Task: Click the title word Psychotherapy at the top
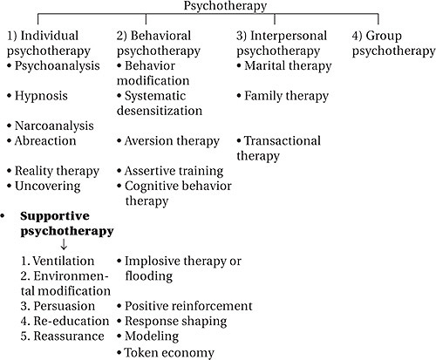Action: (x=225, y=6)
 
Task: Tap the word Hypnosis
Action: (x=41, y=96)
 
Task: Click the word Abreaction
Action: (x=45, y=141)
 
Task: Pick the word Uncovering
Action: (x=48, y=187)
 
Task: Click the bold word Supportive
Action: (x=55, y=217)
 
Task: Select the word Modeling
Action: (x=152, y=336)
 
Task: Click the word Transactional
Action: (x=283, y=141)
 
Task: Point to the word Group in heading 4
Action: (x=384, y=37)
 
